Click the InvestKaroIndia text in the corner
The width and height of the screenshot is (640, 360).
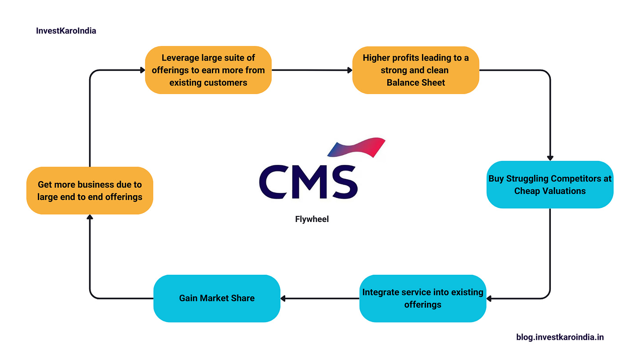click(x=66, y=31)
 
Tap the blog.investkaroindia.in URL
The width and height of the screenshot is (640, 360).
click(x=560, y=337)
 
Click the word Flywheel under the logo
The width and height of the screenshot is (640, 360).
click(x=312, y=219)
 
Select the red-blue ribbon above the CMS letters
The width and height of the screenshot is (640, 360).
click(x=357, y=148)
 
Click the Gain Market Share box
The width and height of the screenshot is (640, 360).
click(x=217, y=298)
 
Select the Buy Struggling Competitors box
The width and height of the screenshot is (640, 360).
click(x=550, y=185)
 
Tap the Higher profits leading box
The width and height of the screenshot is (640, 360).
click(x=415, y=70)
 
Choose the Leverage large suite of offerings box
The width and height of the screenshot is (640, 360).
click(x=208, y=70)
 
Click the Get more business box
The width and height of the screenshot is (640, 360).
click(x=90, y=190)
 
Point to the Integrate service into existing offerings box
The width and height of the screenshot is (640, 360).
click(x=422, y=298)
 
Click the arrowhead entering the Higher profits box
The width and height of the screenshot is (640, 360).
click(x=350, y=70)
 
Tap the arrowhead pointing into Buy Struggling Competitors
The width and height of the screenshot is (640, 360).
click(x=550, y=158)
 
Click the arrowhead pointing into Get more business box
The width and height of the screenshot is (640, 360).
click(x=90, y=217)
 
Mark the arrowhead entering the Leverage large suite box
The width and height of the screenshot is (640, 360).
click(x=142, y=70)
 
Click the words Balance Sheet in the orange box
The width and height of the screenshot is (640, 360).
click(x=415, y=82)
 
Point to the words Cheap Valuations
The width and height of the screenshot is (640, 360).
click(x=550, y=191)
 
